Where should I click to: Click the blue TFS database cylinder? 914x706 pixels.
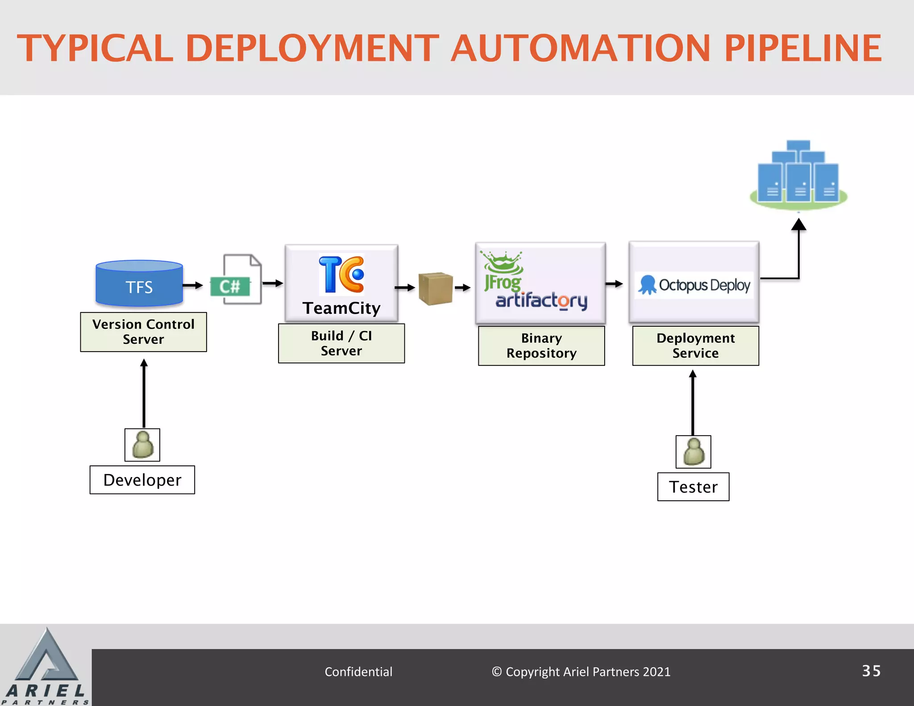(139, 284)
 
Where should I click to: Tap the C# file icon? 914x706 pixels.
(237, 280)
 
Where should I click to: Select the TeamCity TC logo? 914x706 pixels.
(341, 274)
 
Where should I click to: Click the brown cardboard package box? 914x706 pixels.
(436, 289)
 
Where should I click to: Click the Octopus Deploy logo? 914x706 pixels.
(694, 285)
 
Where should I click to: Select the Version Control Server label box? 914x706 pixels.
(143, 332)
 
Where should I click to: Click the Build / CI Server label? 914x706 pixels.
(341, 343)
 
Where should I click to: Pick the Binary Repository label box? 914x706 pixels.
(541, 346)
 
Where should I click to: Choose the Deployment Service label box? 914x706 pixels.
(695, 346)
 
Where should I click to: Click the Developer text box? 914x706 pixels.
(142, 480)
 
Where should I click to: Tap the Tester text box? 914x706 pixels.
(693, 487)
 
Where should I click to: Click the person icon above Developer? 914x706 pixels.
(142, 445)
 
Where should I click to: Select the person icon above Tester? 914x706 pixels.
(693, 452)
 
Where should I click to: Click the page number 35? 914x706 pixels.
(871, 671)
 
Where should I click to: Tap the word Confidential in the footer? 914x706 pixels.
(358, 672)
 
